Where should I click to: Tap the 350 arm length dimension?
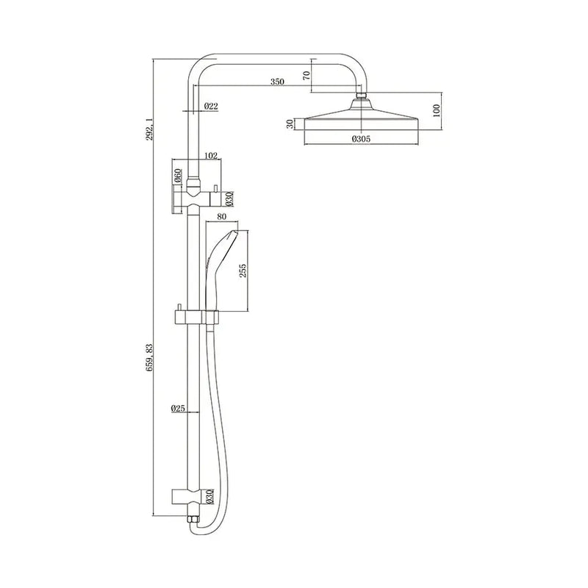277,82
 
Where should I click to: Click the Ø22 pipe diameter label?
211,107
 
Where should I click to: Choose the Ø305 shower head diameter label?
359,137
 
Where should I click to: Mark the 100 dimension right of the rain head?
437,110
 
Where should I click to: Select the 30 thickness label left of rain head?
291,124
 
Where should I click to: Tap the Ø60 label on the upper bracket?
178,175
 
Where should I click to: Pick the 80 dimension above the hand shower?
222,218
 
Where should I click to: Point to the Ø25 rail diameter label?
176,409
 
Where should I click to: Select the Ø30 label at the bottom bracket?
229,496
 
